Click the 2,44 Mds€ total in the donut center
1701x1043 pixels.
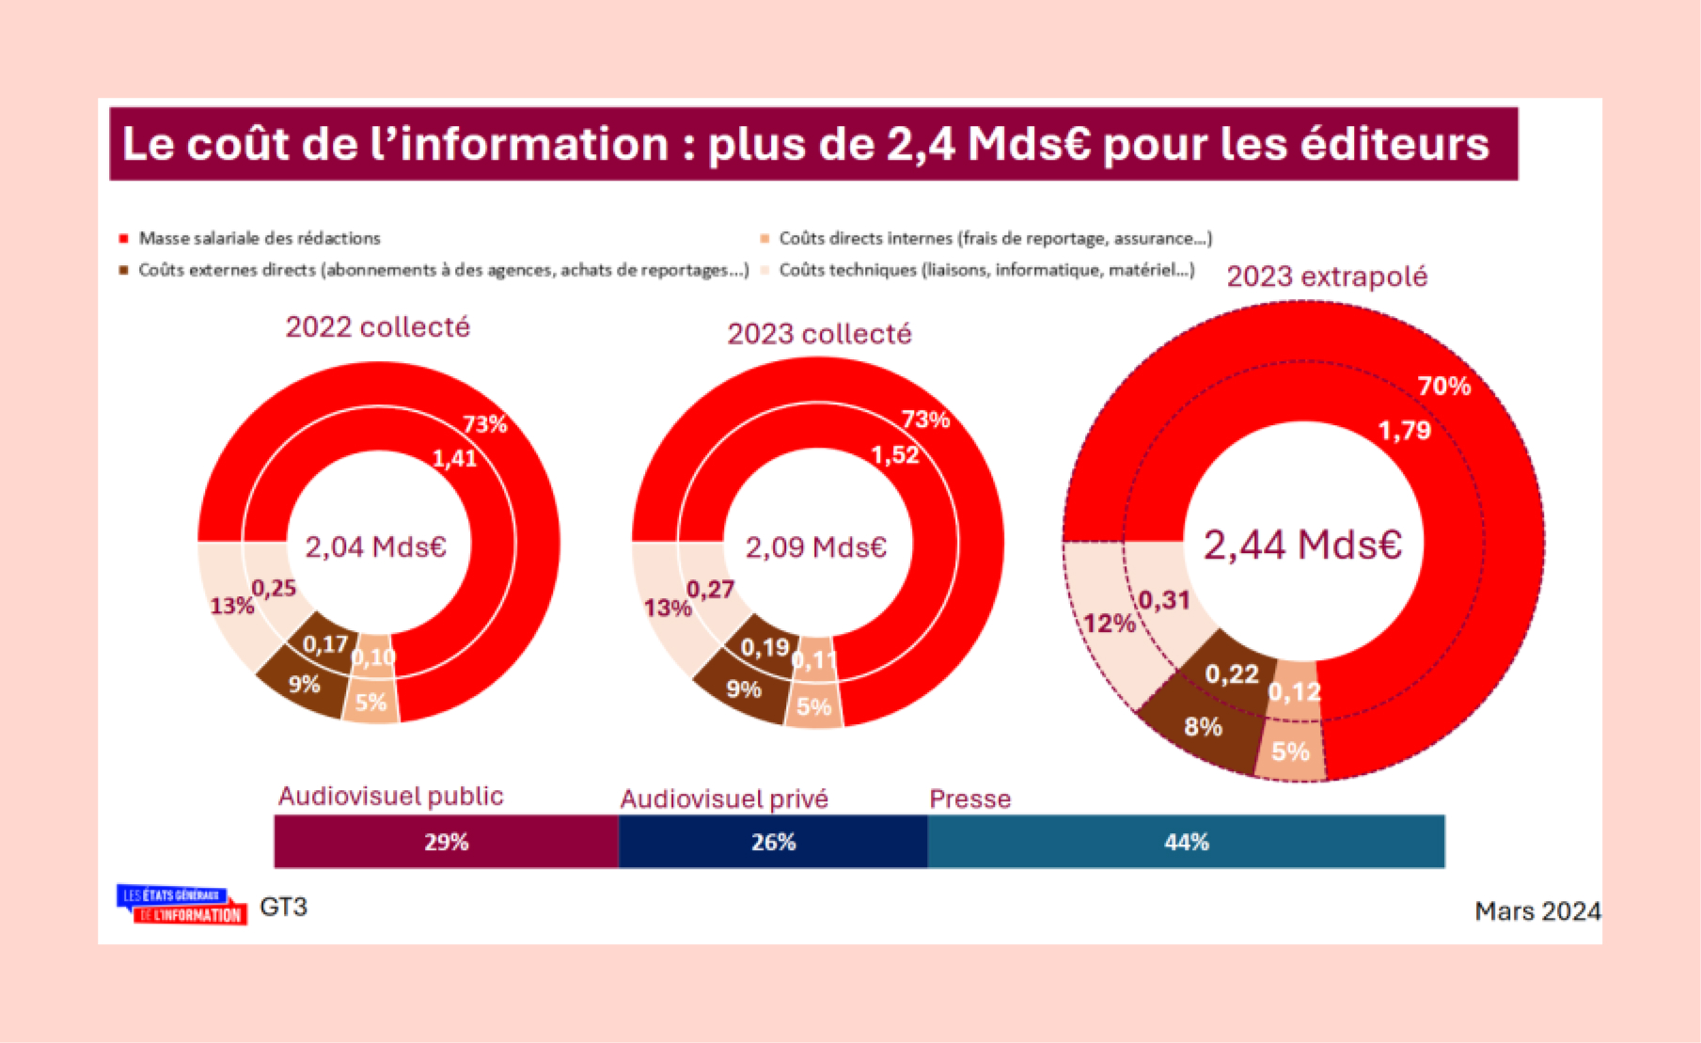click(1302, 545)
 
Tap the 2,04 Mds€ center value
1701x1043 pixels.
click(375, 546)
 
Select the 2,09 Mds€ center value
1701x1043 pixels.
click(816, 547)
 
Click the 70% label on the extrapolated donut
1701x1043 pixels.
click(1443, 386)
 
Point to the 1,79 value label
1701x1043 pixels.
click(1404, 431)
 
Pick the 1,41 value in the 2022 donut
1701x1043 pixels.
click(454, 458)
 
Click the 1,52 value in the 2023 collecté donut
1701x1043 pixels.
click(894, 455)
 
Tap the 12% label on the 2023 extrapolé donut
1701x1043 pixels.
click(1109, 624)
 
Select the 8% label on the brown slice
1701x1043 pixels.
click(1203, 727)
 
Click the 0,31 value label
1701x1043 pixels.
click(1164, 600)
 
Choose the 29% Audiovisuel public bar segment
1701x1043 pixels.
click(446, 842)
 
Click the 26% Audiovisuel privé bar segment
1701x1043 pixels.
click(773, 842)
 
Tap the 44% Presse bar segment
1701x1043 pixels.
click(1186, 842)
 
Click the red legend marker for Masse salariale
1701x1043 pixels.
click(123, 239)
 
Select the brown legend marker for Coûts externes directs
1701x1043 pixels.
click(123, 270)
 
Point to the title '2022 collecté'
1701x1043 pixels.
click(377, 327)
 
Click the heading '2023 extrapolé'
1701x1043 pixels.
click(1327, 277)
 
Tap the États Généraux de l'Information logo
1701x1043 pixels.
click(181, 905)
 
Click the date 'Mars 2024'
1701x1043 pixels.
click(1536, 911)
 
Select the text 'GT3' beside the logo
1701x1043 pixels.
click(283, 907)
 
